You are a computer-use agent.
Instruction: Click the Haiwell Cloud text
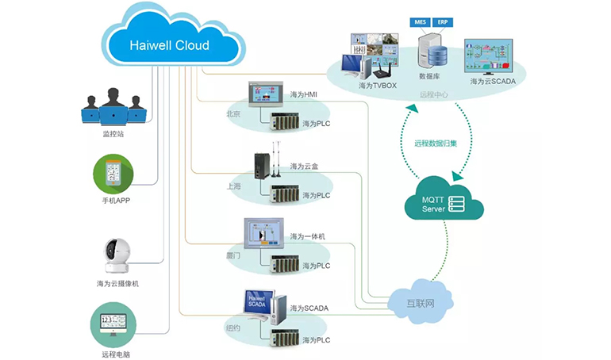(169, 45)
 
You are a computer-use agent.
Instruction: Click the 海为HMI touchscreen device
(265, 94)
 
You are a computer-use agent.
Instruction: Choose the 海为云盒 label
(305, 167)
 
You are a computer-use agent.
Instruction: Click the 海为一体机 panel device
(263, 235)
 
